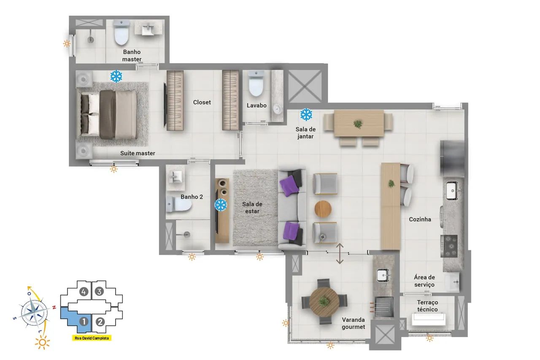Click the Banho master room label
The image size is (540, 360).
coord(132,55)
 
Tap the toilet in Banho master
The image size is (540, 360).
coord(121,32)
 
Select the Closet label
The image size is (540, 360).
coord(202,102)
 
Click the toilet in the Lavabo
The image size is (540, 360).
coord(256,84)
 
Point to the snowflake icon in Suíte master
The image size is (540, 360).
coord(116,76)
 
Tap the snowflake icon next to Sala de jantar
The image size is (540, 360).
coord(306,114)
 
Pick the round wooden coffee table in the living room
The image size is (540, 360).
coord(323,209)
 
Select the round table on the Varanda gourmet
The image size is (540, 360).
coord(324,302)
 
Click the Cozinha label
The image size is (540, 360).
coord(420,219)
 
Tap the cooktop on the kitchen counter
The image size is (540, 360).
coord(449,246)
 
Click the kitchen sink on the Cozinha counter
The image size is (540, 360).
coord(452,190)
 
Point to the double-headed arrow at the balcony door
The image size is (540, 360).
coord(340,254)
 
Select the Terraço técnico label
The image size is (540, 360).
coord(427,306)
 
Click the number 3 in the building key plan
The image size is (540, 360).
coord(99,292)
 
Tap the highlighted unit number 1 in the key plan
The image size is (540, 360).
coord(84,322)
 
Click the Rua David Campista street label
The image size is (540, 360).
coord(92,338)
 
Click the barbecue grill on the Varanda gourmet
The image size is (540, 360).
coord(384,307)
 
